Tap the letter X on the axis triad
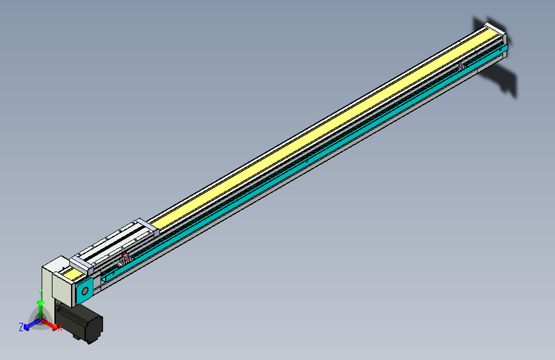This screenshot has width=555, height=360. coord(60,329)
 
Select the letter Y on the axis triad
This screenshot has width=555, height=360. coord(40,293)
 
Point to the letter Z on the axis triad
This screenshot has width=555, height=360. coord(21,327)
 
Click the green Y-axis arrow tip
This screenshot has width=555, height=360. coord(40,303)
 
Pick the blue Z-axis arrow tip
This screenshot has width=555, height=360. coord(27,327)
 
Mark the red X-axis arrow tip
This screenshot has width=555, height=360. coord(54,325)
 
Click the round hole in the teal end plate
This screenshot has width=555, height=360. coord(83,291)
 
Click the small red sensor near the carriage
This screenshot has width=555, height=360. coord(125,257)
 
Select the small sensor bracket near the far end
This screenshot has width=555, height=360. coord(461,66)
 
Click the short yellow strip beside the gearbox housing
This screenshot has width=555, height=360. coord(76,275)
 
